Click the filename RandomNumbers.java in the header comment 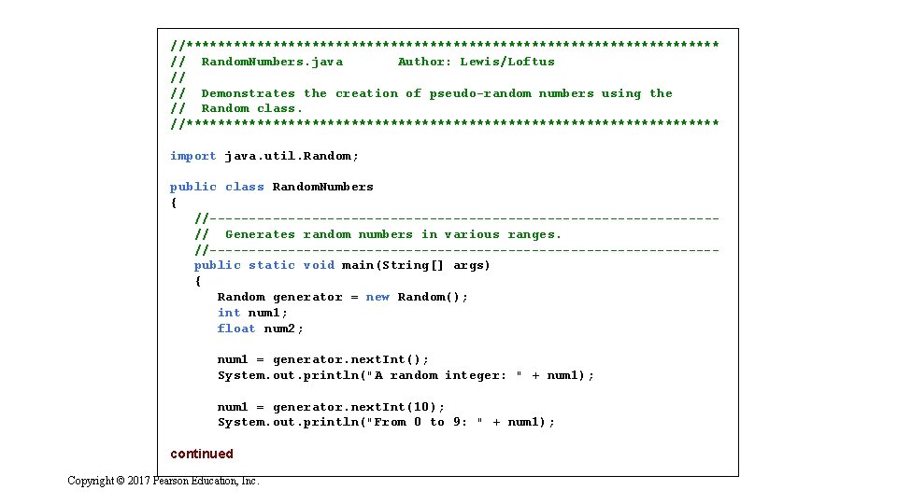(272, 62)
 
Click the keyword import (193, 156)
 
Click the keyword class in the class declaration (245, 187)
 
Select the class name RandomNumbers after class (322, 187)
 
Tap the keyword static (272, 265)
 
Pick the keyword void (319, 265)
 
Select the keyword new (377, 297)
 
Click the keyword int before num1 (229, 313)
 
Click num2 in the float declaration (283, 329)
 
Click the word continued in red (202, 454)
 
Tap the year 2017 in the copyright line (138, 481)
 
